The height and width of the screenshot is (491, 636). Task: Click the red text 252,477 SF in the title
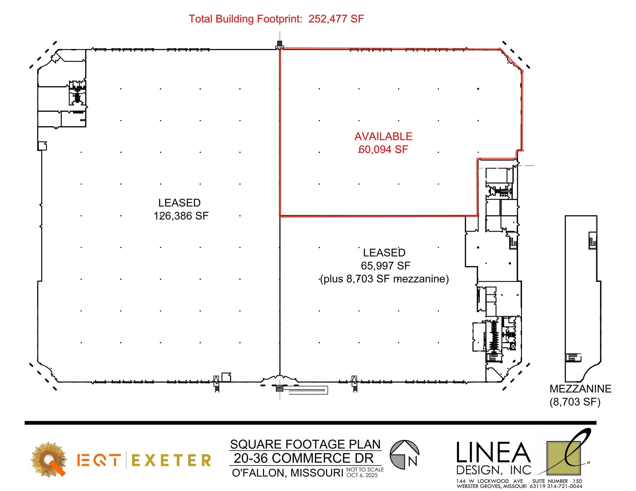click(336, 19)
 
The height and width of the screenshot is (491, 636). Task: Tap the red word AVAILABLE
click(383, 136)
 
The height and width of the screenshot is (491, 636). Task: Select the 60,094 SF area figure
click(383, 150)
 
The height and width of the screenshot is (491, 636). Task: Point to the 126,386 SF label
click(181, 216)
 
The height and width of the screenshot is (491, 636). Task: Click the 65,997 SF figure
click(385, 266)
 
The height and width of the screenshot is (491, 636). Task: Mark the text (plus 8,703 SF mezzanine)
click(384, 279)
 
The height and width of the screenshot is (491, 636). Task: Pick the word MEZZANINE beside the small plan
click(580, 389)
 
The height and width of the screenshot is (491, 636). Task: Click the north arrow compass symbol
click(404, 455)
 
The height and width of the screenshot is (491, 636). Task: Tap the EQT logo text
click(98, 460)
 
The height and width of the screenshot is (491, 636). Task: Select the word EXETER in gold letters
click(171, 460)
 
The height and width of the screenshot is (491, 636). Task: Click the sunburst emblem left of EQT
click(49, 459)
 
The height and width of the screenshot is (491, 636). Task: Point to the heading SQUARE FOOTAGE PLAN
click(305, 444)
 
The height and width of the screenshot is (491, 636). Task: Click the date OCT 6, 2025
click(362, 475)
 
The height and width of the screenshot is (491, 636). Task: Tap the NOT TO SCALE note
click(365, 470)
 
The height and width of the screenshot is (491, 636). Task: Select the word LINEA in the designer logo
click(493, 453)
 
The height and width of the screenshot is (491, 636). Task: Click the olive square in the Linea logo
click(563, 458)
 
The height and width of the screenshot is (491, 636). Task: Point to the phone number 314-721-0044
click(565, 486)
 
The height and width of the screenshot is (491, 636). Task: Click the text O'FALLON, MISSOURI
click(288, 473)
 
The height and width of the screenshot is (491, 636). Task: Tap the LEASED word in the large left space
click(179, 203)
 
